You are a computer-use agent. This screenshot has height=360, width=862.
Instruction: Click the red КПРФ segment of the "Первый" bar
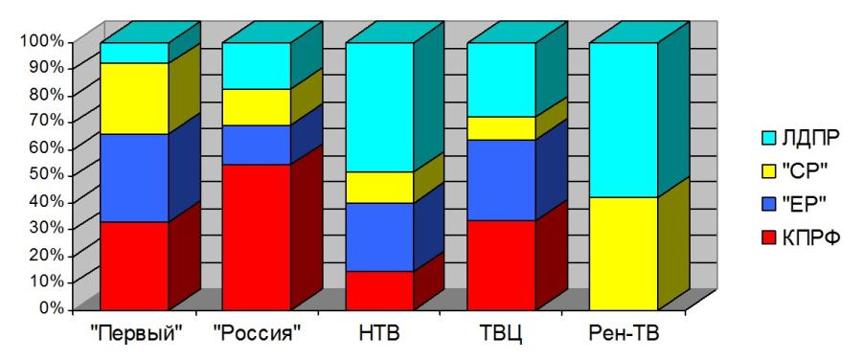134,266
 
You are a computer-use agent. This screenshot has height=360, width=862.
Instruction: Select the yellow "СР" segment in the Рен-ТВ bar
624,254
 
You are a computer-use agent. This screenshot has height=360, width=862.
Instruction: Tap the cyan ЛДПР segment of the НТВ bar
380,107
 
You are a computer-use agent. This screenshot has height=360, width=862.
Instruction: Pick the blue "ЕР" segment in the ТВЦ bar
501,180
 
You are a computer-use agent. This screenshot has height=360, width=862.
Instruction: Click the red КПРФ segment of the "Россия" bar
256,236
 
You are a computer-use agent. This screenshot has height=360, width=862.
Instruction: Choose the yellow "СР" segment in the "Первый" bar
134,99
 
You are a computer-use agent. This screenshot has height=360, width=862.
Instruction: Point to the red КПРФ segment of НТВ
380,291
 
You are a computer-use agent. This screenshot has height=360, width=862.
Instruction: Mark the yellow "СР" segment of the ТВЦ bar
501,128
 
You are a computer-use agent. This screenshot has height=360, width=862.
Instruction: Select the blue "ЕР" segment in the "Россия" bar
256,145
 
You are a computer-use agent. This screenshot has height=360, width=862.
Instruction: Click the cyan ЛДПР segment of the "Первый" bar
134,53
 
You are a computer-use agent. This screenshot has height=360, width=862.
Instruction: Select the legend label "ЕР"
804,205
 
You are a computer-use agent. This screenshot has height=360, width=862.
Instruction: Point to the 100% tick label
43,41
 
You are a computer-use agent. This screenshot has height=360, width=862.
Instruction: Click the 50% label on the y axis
47,175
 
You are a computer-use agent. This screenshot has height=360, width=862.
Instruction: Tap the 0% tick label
52,308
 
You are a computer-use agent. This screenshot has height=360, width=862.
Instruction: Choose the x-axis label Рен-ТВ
624,333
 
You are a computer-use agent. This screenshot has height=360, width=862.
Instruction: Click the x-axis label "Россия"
258,333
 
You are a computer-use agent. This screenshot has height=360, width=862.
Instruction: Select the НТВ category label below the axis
380,333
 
